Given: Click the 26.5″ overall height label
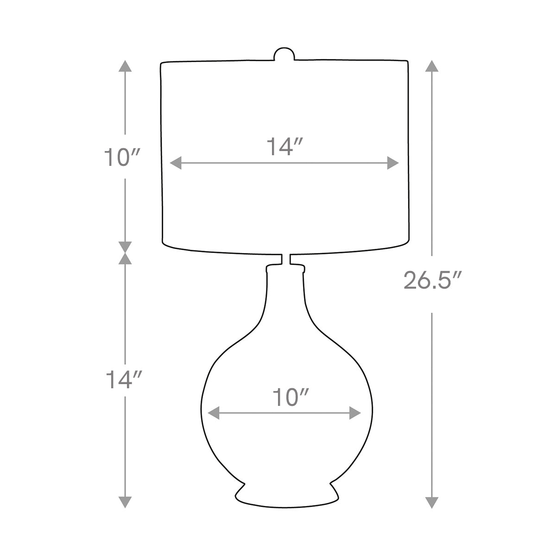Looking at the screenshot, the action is tap(431, 280).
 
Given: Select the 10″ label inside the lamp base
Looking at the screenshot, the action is tap(291, 397).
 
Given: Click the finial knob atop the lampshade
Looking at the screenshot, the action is tap(284, 54).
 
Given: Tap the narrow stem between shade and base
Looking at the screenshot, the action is tap(286, 259).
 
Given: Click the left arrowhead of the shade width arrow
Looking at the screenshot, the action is tap(176, 163).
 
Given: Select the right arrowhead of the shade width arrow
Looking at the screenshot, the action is tap(393, 163).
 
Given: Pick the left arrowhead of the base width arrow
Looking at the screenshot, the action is tap(214, 413).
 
